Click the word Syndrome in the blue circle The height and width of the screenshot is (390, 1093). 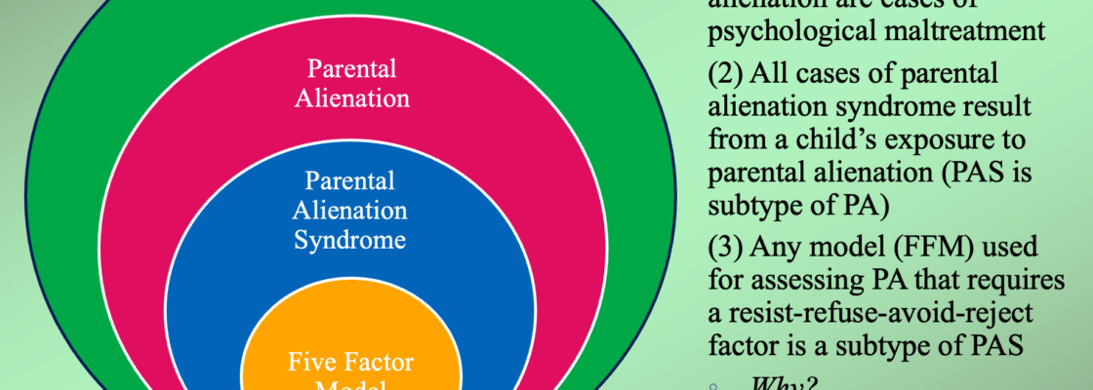click(x=349, y=239)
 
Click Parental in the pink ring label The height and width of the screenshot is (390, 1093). click(x=349, y=69)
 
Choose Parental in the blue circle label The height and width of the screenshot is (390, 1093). click(x=349, y=180)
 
